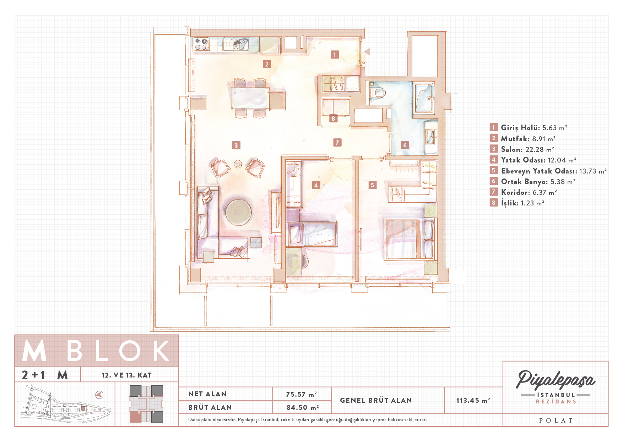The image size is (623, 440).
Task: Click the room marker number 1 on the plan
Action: (334, 54)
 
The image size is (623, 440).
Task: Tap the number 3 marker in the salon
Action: (236, 145)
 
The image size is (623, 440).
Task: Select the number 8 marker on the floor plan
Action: (333, 118)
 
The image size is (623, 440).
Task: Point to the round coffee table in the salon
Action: (238, 212)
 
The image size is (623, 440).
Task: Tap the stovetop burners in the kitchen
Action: (201, 44)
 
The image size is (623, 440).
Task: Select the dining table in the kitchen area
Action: (250, 98)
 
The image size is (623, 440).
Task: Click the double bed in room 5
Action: (409, 239)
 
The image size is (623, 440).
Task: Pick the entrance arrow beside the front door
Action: (367, 52)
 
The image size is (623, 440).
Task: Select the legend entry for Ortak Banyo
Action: (533, 182)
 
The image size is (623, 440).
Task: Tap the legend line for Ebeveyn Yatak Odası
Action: (548, 171)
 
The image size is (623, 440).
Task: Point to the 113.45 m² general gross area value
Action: (473, 400)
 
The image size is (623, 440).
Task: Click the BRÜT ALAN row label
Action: (210, 407)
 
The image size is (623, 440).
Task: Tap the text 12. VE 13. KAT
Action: (126, 375)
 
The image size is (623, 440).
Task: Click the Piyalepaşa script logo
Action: (556, 380)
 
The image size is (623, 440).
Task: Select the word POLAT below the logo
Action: (556, 420)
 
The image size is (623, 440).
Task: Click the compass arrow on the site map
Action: (99, 395)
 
